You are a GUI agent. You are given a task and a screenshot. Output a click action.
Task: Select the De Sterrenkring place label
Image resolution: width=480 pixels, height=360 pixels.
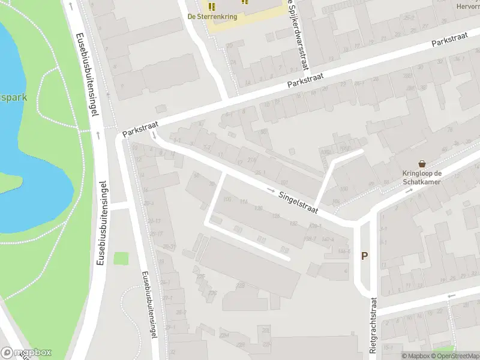pos(212,17)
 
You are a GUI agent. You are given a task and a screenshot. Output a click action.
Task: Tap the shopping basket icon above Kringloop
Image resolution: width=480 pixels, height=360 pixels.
pos(422,164)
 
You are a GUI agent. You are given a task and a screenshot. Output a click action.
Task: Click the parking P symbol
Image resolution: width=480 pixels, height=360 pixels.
pos(364,256)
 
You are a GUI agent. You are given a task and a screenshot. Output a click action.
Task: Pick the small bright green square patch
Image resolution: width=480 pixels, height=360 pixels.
pos(121,259)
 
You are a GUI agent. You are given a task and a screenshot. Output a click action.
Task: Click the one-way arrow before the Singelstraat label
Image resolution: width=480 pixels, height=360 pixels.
pos(272,190)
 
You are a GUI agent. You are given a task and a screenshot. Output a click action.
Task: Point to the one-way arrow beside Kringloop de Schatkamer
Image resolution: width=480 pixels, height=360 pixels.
pos(410,190)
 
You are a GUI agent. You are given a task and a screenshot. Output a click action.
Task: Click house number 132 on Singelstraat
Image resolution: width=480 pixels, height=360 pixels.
pos(293,223)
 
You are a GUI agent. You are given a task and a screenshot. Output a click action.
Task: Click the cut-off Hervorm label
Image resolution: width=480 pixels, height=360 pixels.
pos(468,7)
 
